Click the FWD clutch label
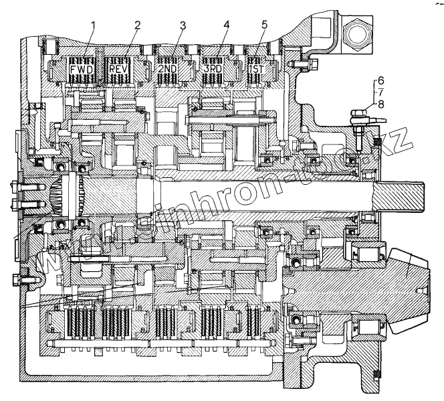point(82,68)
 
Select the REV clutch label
point(122,68)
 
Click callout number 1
point(94,25)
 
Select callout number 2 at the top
point(137,25)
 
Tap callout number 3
point(183,25)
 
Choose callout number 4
point(227,25)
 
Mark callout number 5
point(265,25)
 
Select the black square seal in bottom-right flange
point(375,373)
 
